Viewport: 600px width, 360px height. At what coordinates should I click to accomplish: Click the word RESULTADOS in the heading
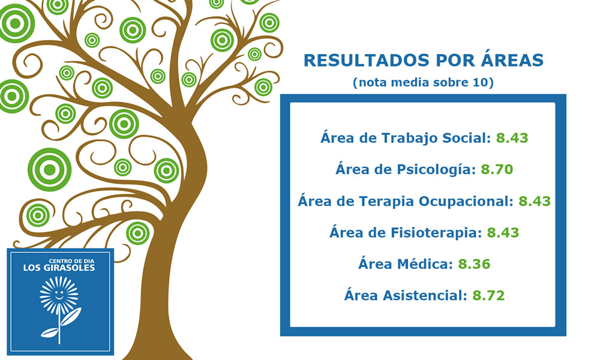coord(367,61)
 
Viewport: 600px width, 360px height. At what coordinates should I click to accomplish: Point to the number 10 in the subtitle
coord(481,82)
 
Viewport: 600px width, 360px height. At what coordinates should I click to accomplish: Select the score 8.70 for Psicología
coord(497,169)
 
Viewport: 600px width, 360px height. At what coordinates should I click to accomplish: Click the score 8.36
coord(474,264)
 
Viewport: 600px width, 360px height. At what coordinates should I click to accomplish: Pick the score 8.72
coord(488,295)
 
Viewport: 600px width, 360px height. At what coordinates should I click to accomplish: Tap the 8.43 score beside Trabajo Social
coord(512,138)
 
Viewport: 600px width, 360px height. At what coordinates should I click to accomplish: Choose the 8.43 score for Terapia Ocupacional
coord(535,201)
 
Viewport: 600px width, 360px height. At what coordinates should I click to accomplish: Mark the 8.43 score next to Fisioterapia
coord(503,233)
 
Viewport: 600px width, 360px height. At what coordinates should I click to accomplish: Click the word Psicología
coord(436,169)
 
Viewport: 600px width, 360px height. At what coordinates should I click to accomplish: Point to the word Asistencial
coord(425,295)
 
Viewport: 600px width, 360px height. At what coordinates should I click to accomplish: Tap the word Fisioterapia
coord(436,233)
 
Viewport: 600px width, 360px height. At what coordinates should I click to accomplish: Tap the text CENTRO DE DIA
coord(71,261)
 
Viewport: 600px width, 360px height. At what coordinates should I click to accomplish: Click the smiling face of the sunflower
coord(59,295)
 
